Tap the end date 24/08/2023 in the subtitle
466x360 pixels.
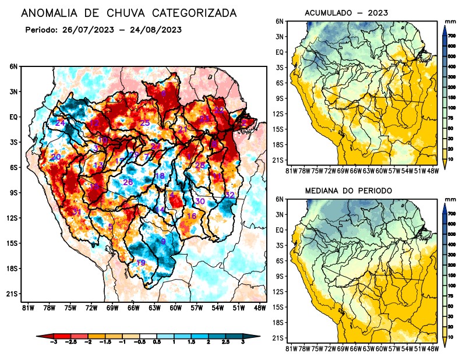[157, 29]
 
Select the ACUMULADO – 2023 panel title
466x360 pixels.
[347, 13]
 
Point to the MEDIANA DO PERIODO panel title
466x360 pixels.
[349, 190]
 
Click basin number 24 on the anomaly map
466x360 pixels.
[60, 123]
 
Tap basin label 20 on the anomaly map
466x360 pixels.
[55, 157]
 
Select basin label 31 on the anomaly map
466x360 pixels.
[76, 211]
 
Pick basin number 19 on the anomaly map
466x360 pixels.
[140, 263]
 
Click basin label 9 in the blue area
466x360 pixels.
[164, 242]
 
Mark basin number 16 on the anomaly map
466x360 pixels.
[191, 216]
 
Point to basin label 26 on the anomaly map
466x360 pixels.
[128, 182]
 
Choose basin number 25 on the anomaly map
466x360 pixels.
[145, 122]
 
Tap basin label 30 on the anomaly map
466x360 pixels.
[200, 201]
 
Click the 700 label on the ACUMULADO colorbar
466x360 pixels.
[451, 36]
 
